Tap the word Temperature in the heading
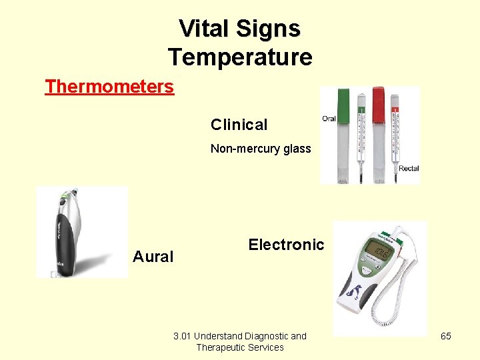click(x=240, y=57)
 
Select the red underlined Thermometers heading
click(x=109, y=87)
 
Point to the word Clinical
click(x=239, y=125)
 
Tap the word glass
click(x=296, y=149)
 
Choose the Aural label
click(x=153, y=257)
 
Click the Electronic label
click(x=286, y=245)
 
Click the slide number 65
click(x=446, y=336)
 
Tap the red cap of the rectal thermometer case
click(x=379, y=101)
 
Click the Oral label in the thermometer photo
click(x=329, y=119)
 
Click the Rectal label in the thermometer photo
click(x=409, y=169)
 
